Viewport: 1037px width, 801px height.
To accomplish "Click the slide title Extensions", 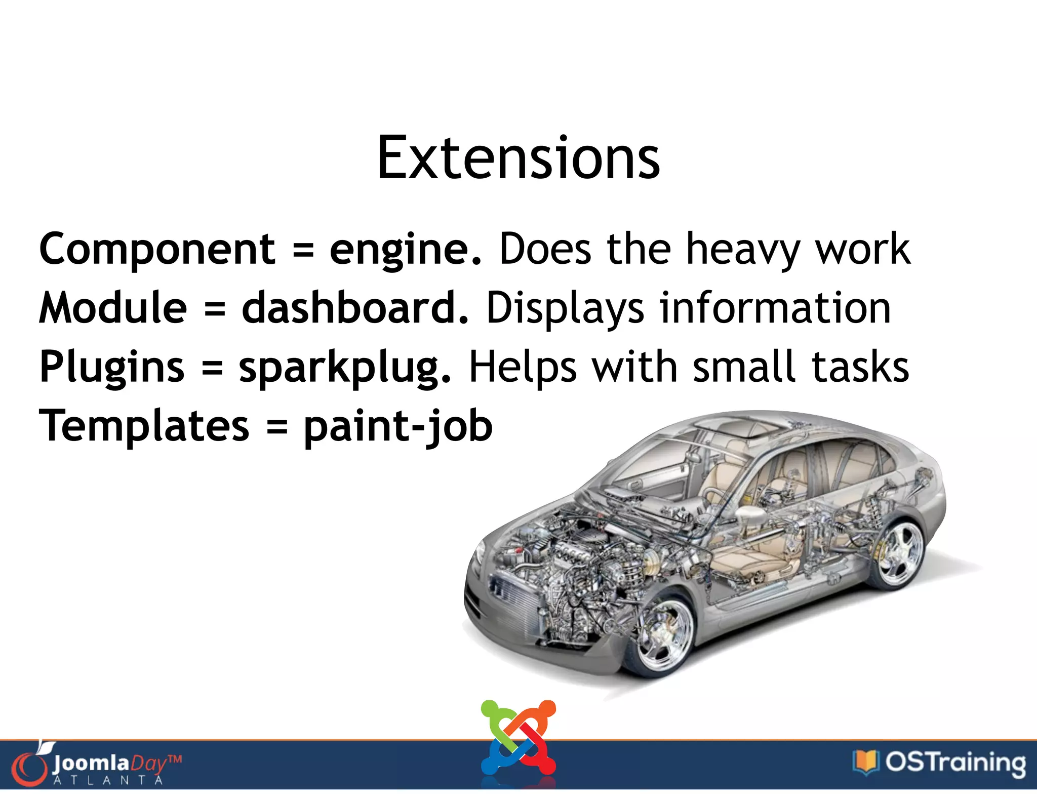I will [x=518, y=158].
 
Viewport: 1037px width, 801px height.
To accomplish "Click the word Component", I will [x=157, y=249].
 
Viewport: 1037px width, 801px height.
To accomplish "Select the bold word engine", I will [x=405, y=249].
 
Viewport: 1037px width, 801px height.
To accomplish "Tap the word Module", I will [x=113, y=308].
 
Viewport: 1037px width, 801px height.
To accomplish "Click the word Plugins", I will [x=112, y=367].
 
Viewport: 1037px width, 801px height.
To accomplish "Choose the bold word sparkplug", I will [x=344, y=367].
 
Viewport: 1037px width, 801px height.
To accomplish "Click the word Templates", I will [x=144, y=426].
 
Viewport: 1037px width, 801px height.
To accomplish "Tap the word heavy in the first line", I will [x=742, y=249].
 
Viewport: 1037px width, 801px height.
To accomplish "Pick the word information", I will [x=775, y=308].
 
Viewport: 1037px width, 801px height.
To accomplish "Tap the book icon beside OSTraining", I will [x=865, y=762].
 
